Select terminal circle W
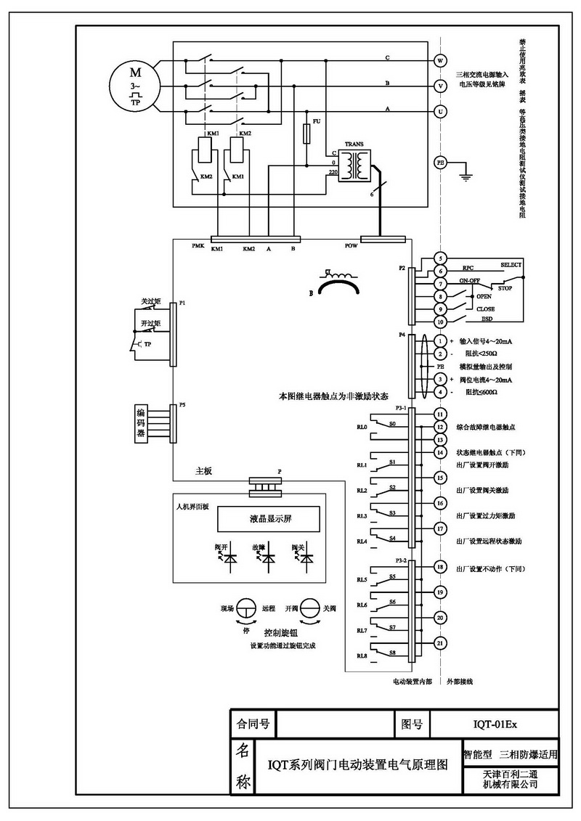[440, 60]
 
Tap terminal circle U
[440, 111]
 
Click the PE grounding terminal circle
[440, 163]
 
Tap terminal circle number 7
[440, 284]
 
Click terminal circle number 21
[440, 642]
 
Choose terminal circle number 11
[440, 413]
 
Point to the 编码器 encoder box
[142, 422]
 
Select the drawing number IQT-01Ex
[494, 724]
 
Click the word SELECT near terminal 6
[511, 266]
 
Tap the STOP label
[505, 288]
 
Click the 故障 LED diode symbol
[269, 559]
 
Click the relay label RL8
[362, 656]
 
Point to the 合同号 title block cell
[249, 724]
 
